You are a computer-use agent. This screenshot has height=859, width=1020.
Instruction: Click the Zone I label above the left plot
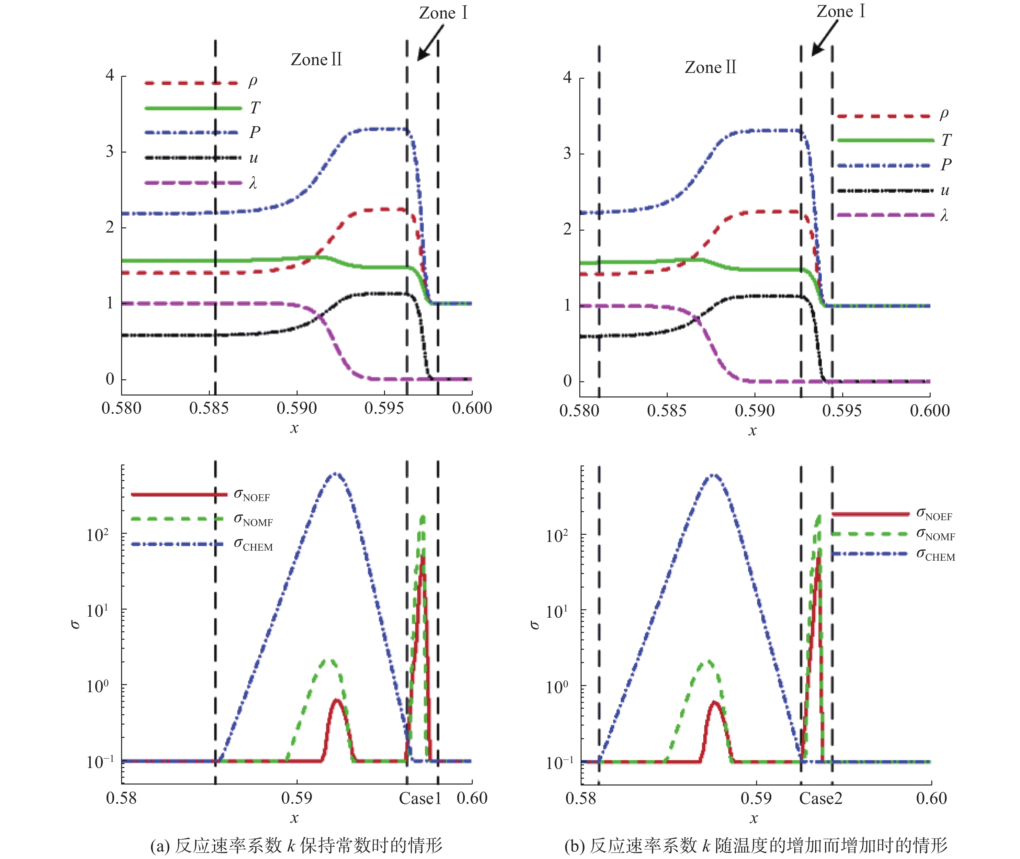(443, 13)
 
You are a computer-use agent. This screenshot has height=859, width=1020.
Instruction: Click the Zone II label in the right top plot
(710, 67)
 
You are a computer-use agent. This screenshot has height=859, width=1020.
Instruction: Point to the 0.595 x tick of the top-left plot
(384, 408)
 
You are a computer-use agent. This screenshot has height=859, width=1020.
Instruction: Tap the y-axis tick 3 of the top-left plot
(110, 152)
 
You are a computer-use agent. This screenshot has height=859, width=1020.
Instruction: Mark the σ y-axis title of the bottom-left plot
(75, 624)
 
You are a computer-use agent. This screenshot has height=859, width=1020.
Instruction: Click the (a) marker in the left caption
(160, 845)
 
